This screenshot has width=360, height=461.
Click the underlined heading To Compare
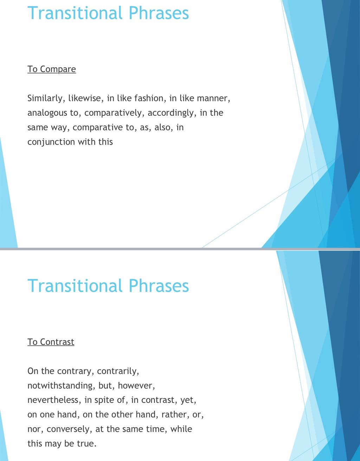[51, 70]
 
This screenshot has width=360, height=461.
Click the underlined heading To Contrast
[51, 342]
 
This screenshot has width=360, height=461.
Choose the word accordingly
[172, 113]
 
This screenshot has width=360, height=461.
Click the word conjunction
[51, 142]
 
